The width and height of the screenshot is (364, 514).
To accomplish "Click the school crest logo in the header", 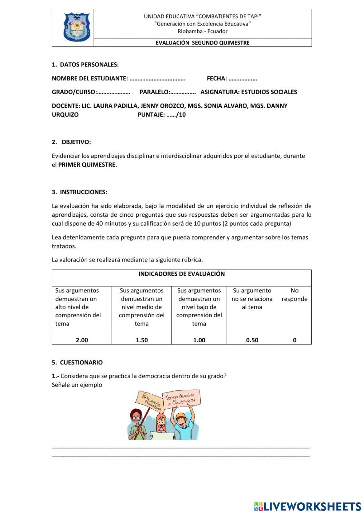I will tap(76, 28).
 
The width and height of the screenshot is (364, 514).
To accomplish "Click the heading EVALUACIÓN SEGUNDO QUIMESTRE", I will tap(202, 43).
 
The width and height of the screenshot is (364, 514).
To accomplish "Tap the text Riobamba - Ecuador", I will tap(202, 31).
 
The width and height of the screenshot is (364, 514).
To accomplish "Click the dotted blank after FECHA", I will tap(242, 79).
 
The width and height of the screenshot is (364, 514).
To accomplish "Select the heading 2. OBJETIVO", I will tap(71, 142).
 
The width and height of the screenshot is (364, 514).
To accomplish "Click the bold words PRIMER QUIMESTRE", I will tap(87, 164).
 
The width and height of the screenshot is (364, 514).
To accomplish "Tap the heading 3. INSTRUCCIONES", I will tap(79, 192).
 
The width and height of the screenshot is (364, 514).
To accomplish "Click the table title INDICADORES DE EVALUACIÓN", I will tap(181, 274).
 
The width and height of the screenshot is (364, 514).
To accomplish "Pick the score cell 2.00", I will tap(82, 340).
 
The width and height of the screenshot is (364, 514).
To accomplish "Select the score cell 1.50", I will tap(142, 340).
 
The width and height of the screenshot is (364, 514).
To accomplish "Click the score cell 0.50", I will tap(252, 340).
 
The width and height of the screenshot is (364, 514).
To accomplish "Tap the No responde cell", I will tap(294, 295).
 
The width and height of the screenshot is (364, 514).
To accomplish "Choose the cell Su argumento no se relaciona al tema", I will tap(252, 299).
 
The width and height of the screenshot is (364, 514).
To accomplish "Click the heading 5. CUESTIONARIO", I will tap(77, 362).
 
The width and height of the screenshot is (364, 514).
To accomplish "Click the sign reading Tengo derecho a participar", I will tap(181, 399).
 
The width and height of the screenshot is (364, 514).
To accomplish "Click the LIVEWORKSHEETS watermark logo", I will tap(308, 506).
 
